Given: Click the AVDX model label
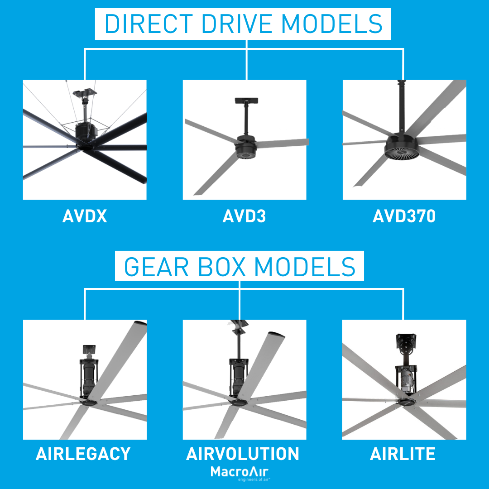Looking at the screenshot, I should [x=85, y=216].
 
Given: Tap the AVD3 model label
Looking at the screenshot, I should [x=244, y=216].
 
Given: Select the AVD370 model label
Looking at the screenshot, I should [x=404, y=216].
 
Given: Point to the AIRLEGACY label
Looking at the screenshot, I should [x=83, y=454].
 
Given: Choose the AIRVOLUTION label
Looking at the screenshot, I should [x=243, y=454].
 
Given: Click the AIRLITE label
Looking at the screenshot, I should [x=403, y=454].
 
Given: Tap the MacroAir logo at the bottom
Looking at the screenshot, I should [x=240, y=473].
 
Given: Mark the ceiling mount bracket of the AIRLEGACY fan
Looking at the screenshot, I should [x=90, y=350].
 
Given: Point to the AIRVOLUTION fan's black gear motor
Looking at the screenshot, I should [x=238, y=376].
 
